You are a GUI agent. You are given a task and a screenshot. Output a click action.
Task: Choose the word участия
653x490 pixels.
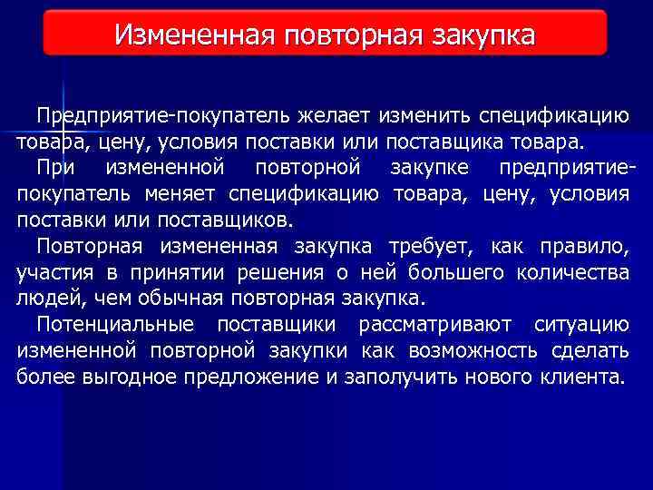[x=51, y=273]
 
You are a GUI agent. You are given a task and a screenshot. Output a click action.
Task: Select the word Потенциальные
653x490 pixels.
[x=115, y=325]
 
